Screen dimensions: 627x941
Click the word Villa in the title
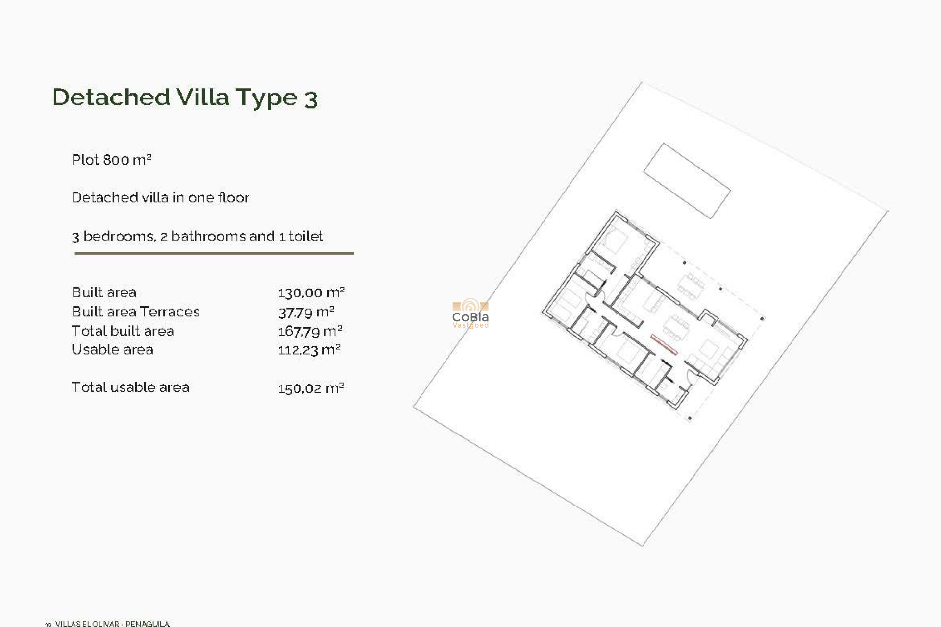click(x=203, y=97)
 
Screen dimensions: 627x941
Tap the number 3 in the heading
click(x=311, y=99)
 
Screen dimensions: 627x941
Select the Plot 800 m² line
click(x=112, y=160)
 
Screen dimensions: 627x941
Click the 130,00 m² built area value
click(x=311, y=293)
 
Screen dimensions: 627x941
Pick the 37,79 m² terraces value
click(x=306, y=312)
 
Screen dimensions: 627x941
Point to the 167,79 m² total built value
click(x=310, y=331)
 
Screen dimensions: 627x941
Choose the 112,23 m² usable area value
click(x=309, y=350)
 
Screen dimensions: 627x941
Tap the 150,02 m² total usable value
click(x=311, y=388)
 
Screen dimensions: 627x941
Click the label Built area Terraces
click(x=136, y=312)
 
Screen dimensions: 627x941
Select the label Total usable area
click(x=130, y=387)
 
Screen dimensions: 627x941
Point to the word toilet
click(x=306, y=236)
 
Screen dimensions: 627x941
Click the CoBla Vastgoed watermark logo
click(x=470, y=313)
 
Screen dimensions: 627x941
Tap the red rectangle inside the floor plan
click(x=664, y=344)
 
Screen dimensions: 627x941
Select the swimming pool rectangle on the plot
click(x=687, y=181)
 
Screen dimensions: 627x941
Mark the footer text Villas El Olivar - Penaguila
click(x=112, y=624)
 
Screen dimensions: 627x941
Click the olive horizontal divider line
click(x=214, y=253)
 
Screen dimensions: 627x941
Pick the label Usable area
click(x=112, y=350)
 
